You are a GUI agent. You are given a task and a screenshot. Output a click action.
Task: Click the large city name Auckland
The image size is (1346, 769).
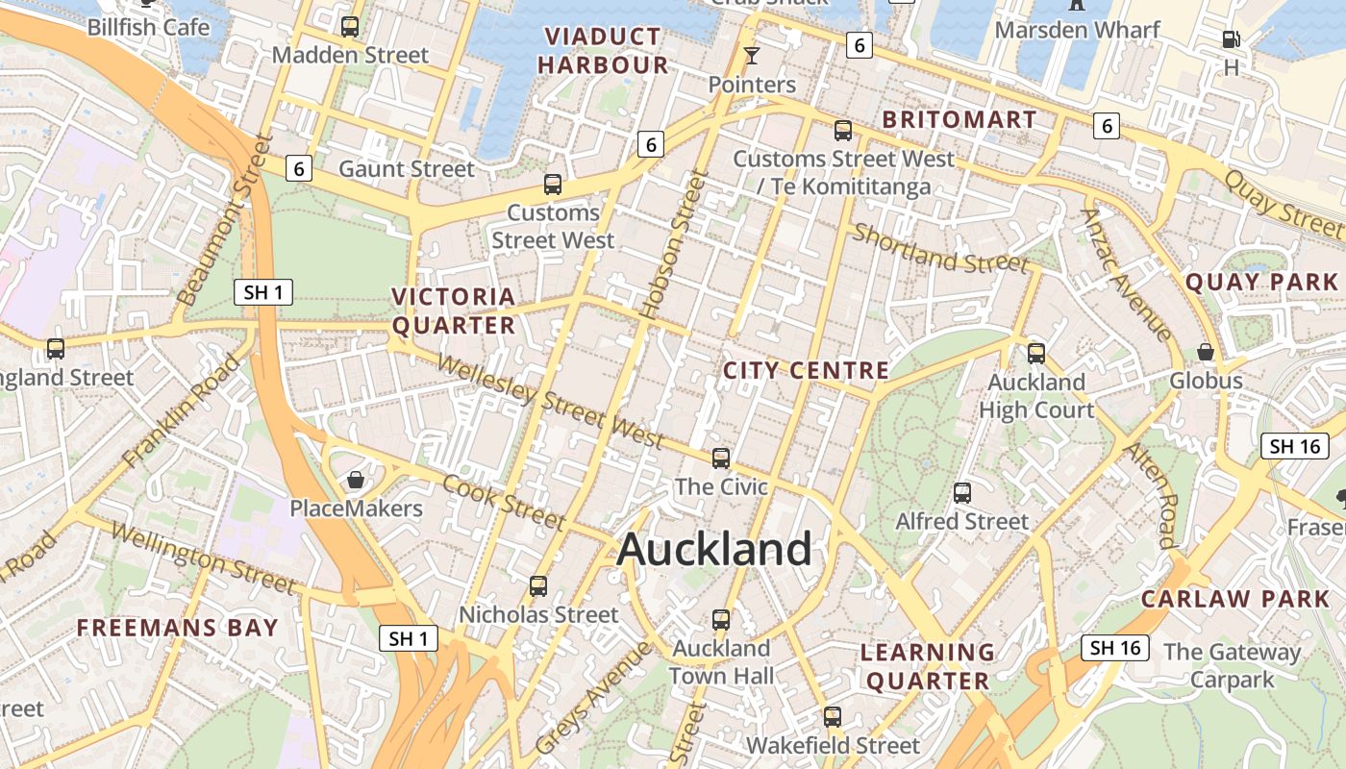[714, 550]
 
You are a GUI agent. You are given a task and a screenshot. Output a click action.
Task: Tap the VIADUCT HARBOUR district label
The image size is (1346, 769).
[603, 51]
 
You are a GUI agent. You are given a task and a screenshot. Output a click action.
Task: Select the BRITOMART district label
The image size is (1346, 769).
[959, 119]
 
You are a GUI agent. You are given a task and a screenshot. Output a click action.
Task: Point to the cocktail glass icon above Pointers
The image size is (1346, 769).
[752, 56]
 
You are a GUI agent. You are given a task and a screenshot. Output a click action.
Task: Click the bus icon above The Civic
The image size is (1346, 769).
[721, 458]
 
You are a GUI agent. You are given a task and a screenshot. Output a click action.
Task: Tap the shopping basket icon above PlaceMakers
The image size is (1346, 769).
[356, 480]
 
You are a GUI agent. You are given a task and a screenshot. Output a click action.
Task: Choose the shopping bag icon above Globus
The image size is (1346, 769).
[1206, 353]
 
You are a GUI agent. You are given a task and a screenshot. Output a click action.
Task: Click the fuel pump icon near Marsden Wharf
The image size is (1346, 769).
[1231, 39]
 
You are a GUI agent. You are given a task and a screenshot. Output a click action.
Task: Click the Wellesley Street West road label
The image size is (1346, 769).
[550, 401]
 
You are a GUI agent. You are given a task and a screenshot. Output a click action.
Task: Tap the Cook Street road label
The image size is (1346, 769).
[503, 501]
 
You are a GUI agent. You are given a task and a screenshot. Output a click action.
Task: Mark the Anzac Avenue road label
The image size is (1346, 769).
[1127, 275]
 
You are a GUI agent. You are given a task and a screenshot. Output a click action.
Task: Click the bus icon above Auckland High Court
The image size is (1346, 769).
[1036, 353]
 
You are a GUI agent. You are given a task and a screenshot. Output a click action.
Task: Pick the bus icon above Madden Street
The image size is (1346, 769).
[350, 27]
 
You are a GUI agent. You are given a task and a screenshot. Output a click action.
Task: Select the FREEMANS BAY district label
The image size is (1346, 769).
[178, 629]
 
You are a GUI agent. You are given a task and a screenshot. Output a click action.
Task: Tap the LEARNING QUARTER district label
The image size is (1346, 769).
[928, 666]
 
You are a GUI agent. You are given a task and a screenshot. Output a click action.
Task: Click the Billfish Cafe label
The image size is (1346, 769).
[148, 27]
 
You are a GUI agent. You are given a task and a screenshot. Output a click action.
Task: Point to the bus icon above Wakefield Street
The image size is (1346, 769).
[833, 716]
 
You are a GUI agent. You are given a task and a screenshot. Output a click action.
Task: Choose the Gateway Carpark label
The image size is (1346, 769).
[1232, 666]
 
